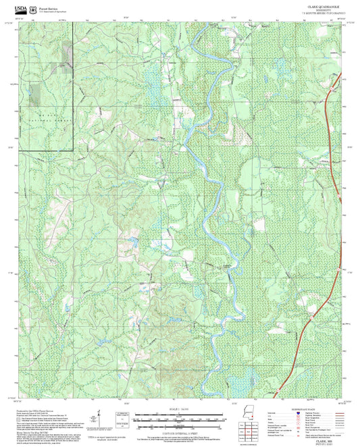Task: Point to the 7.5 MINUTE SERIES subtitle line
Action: (x=311, y=14)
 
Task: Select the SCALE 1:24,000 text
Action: (x=178, y=409)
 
